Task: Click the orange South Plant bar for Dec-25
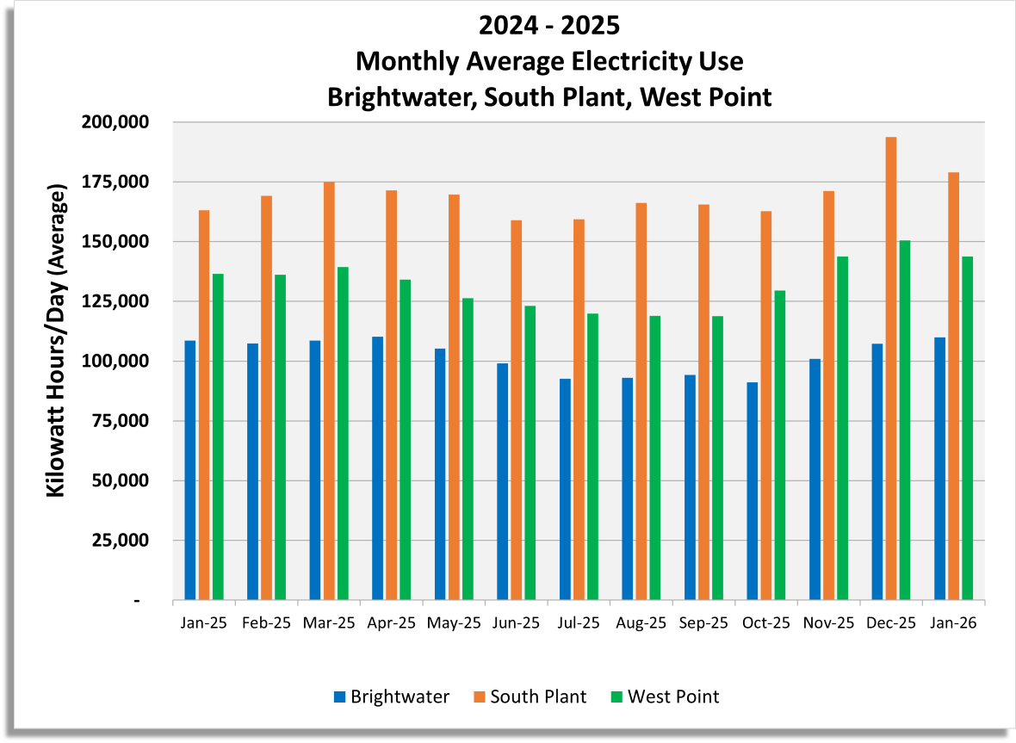891,368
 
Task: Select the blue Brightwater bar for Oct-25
753,491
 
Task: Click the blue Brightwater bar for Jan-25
190,470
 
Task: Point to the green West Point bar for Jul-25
592,456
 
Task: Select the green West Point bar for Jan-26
967,428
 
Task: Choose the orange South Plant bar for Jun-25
517,410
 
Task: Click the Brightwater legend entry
391,697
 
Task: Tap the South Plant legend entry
530,697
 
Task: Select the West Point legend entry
664,697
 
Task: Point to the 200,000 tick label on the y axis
117,122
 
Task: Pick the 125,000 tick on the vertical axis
117,301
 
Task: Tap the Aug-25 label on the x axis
641,622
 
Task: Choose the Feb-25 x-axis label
267,622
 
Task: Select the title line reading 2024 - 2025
549,26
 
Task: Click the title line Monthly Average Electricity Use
549,62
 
